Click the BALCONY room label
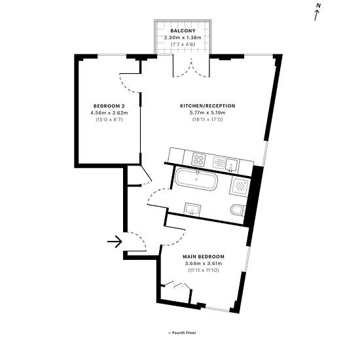183,31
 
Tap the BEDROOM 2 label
109,106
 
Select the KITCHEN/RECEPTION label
207,106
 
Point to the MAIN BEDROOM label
204,257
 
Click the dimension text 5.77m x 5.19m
207,113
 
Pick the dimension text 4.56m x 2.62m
109,113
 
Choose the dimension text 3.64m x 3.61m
204,263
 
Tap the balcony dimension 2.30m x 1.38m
183,37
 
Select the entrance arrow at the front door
115,242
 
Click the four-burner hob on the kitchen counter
198,159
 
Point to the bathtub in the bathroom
196,179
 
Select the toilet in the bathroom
238,210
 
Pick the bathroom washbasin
192,209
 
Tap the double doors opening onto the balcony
191,68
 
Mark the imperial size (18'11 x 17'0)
207,119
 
